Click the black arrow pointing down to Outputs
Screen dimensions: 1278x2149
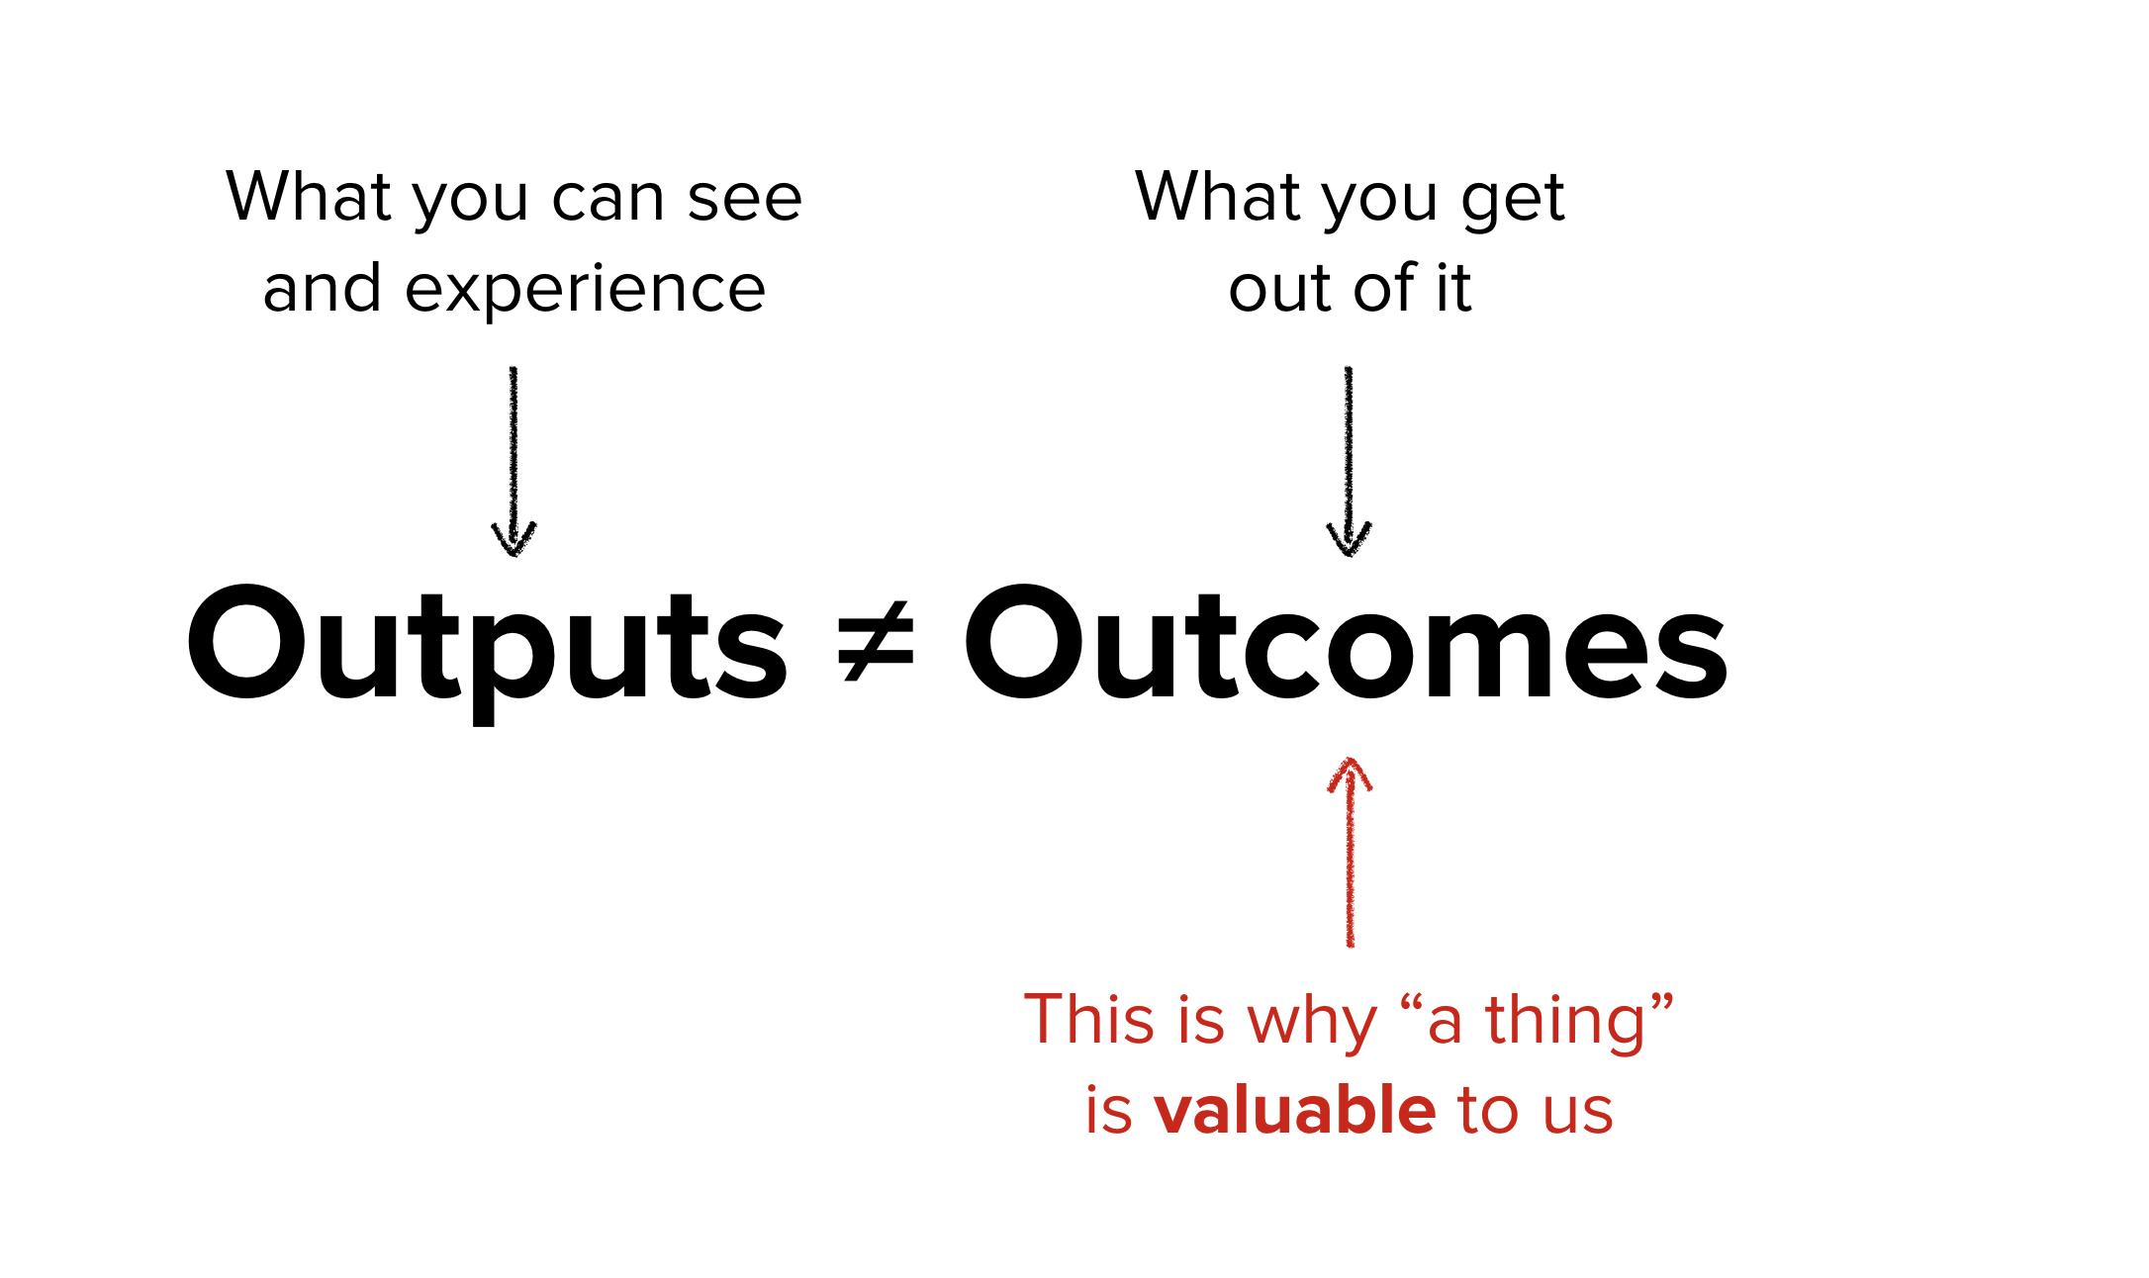514,461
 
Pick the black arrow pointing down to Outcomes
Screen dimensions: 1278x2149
1349,461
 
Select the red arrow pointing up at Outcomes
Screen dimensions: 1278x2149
1350,851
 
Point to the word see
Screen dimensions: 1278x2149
744,198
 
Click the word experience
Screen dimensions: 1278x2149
585,290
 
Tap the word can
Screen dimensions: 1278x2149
607,198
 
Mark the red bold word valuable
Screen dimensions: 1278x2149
1294,1110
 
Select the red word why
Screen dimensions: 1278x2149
1312,1022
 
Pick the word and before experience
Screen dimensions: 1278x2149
322,288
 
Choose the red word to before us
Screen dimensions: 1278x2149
1487,1110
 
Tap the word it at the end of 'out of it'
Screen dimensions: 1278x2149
1453,288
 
